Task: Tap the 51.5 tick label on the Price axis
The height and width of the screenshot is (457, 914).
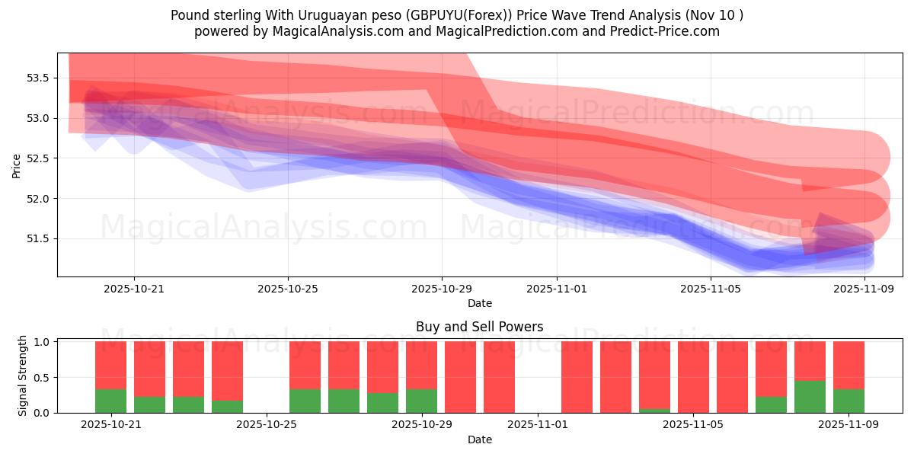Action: [x=38, y=238]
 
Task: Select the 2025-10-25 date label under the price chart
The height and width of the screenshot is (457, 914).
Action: [x=288, y=289]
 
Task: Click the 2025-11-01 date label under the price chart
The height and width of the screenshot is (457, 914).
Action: [x=556, y=289]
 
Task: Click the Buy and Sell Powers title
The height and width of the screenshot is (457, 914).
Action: [x=479, y=327]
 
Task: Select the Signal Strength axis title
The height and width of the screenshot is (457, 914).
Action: [x=23, y=375]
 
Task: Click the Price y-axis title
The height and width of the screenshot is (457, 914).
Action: [x=17, y=165]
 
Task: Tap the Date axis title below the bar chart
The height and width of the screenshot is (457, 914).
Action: [x=479, y=439]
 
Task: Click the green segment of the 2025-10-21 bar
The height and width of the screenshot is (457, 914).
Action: [x=110, y=401]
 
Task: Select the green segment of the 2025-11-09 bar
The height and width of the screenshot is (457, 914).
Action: [x=848, y=401]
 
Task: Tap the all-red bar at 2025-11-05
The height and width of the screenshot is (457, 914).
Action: [x=693, y=377]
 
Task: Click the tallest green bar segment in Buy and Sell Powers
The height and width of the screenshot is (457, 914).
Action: [x=810, y=397]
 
